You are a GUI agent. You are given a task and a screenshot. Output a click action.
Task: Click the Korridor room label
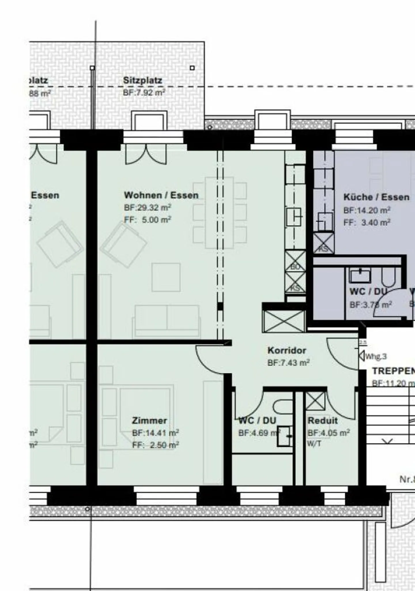click(x=287, y=351)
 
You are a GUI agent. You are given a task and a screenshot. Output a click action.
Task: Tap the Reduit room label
click(x=322, y=421)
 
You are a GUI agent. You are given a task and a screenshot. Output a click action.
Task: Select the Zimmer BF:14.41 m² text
click(x=155, y=433)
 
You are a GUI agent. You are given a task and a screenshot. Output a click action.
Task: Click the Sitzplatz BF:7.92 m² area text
click(x=144, y=93)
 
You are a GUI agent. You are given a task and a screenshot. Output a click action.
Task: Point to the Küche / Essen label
click(x=376, y=197)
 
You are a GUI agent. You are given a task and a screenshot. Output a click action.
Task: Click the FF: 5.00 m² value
click(x=148, y=220)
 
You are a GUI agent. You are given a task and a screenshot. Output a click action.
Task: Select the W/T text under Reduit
click(x=314, y=444)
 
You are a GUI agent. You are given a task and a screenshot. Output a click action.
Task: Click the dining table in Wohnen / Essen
click(x=219, y=213)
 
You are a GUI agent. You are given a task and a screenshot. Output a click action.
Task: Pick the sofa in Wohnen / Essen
click(x=167, y=320)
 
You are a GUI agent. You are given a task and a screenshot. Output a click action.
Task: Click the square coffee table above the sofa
click(x=166, y=277)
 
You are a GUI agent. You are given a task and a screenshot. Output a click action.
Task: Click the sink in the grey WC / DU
click(x=360, y=275)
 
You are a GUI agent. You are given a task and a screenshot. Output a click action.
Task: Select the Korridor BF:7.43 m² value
click(x=288, y=363)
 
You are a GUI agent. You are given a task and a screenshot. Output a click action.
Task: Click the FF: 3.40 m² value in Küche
click(x=367, y=223)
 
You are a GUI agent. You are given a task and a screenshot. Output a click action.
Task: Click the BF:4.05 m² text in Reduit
click(x=329, y=433)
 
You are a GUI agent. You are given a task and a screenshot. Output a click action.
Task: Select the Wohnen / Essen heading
click(x=161, y=195)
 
